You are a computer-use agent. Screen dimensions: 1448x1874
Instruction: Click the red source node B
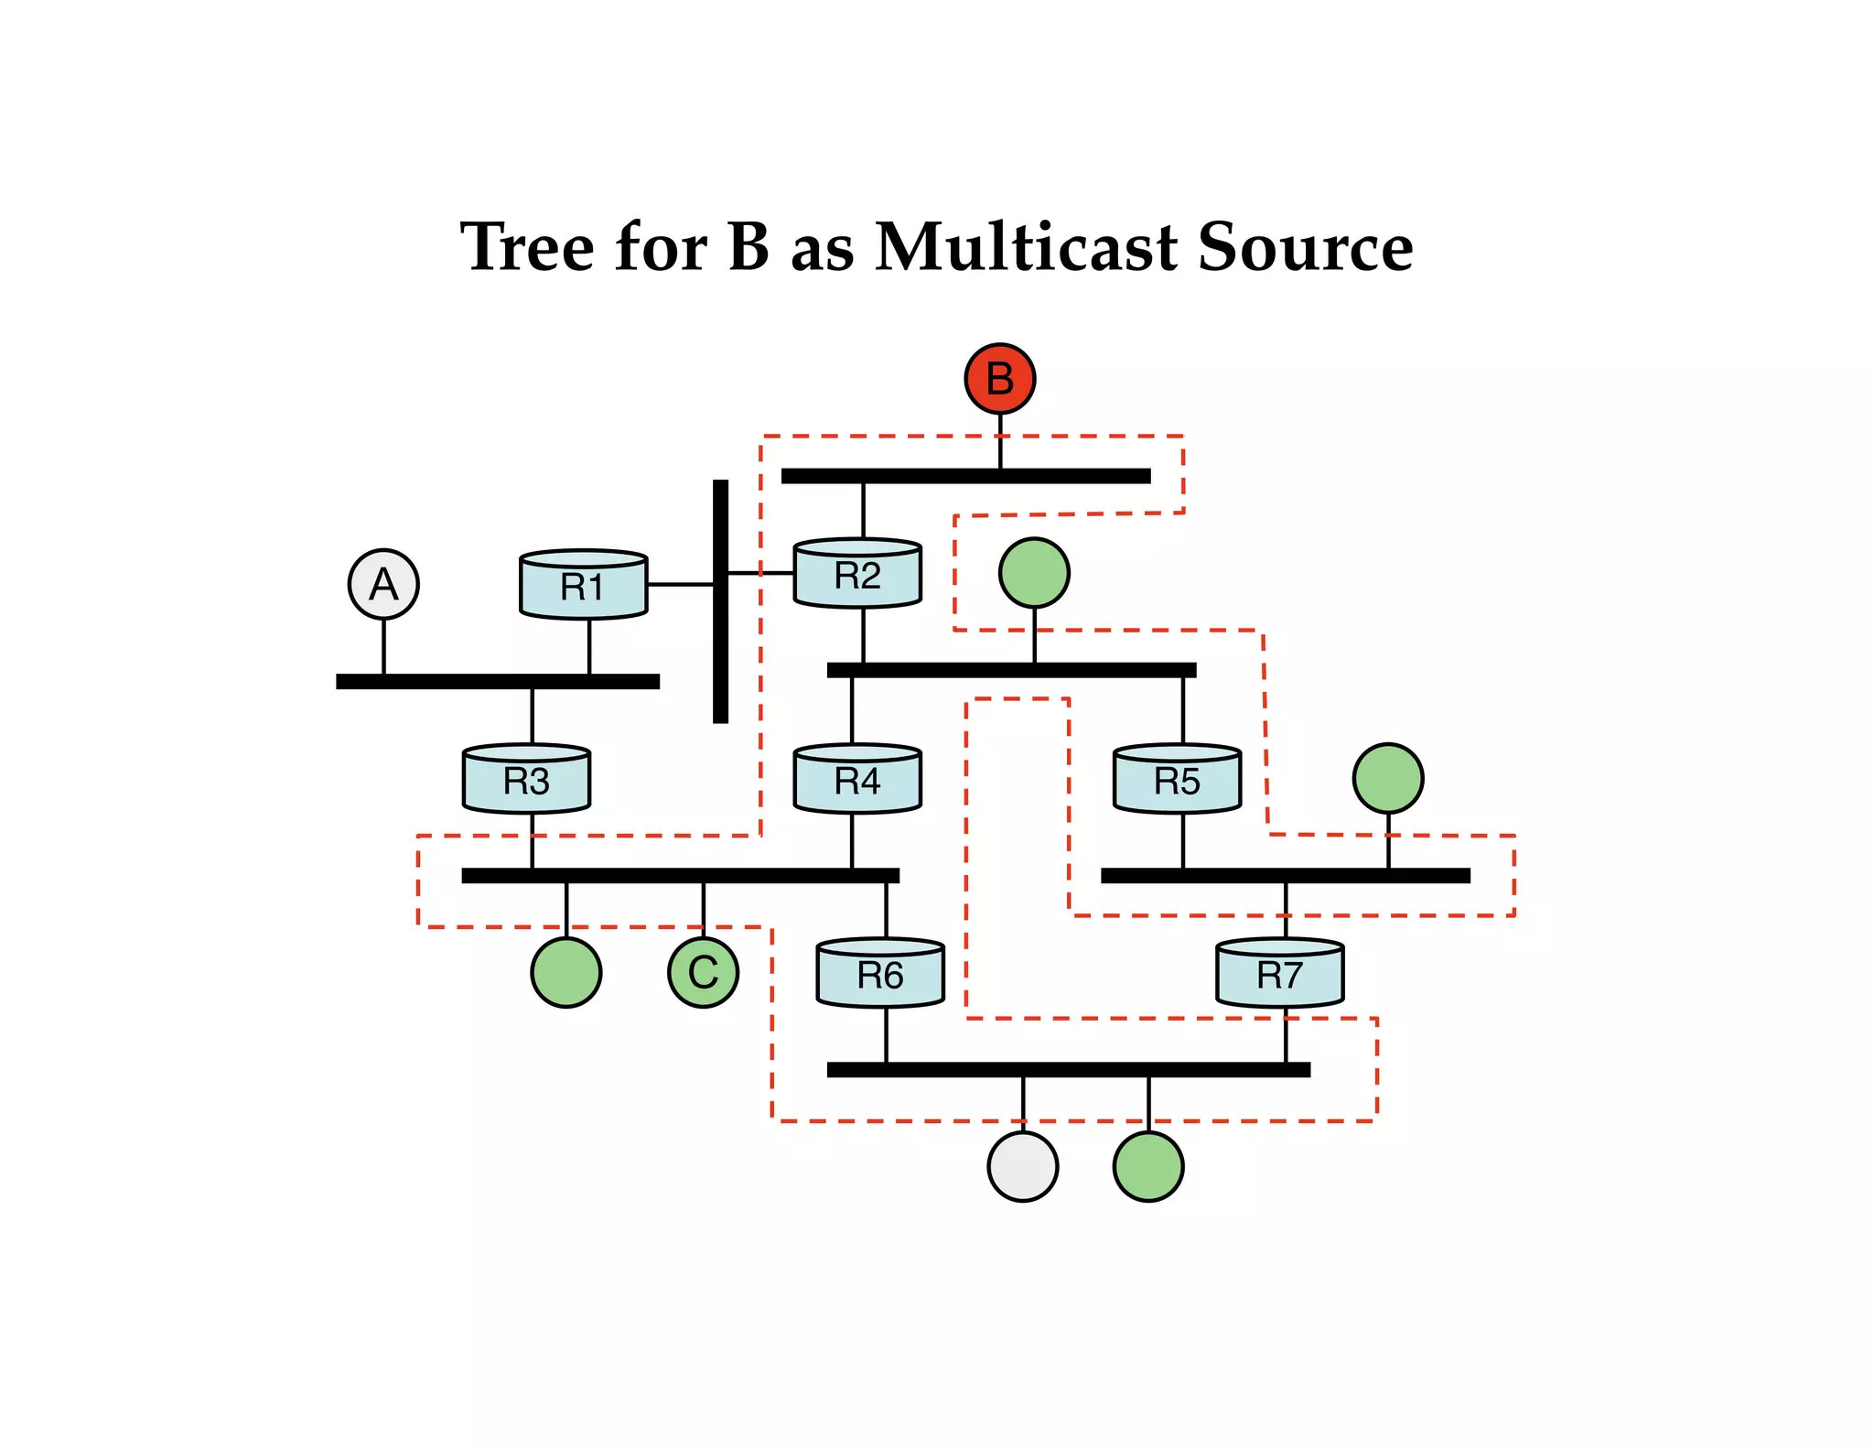point(999,378)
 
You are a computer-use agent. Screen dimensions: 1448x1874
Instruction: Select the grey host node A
point(383,584)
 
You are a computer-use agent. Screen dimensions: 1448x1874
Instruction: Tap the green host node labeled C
point(703,972)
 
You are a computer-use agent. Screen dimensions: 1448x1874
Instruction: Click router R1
point(583,586)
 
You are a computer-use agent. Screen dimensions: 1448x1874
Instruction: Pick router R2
point(857,575)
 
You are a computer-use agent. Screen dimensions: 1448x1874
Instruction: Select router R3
point(526,780)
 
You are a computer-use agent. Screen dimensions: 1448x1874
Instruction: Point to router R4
point(857,780)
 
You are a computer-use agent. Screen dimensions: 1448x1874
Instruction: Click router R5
point(1177,780)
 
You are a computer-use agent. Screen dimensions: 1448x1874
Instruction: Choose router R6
point(879,974)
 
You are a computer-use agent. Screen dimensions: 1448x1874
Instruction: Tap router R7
point(1279,974)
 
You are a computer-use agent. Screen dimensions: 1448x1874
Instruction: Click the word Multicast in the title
point(1026,247)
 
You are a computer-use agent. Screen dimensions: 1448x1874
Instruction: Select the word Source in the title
point(1305,247)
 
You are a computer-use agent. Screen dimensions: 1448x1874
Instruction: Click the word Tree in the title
point(527,247)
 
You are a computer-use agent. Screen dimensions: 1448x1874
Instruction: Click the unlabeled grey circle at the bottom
point(1022,1166)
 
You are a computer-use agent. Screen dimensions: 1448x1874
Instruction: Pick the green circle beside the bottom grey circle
point(1147,1166)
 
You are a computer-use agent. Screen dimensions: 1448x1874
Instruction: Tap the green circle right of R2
point(1034,573)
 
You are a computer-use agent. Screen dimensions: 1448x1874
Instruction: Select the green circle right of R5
point(1387,778)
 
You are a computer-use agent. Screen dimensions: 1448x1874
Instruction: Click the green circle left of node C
point(565,972)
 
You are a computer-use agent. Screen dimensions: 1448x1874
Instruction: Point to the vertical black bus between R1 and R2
point(720,641)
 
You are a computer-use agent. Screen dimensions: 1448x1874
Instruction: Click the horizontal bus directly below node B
point(965,476)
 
